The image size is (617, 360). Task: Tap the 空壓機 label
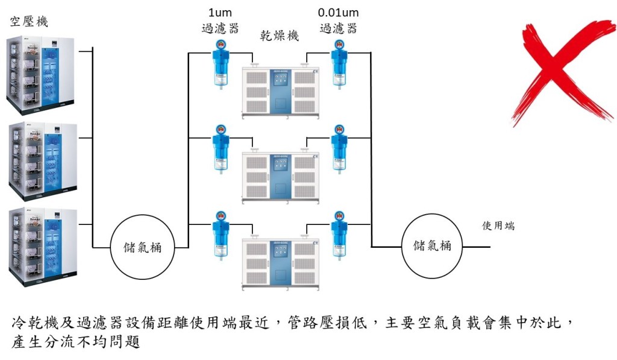(x=29, y=21)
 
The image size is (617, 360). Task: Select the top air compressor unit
(x=40, y=75)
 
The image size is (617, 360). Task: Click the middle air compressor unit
(x=43, y=161)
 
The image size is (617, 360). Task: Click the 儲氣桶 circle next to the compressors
(x=142, y=247)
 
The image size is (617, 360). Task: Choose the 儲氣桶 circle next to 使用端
(x=431, y=246)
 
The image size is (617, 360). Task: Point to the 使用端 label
(x=498, y=226)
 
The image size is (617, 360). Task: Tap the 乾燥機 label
(x=280, y=36)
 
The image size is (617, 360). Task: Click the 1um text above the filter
(x=220, y=13)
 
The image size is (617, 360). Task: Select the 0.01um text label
(x=339, y=13)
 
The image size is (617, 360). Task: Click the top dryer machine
(x=280, y=92)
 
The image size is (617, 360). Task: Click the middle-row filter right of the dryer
(x=339, y=150)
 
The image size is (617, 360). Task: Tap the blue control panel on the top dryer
(x=281, y=90)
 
